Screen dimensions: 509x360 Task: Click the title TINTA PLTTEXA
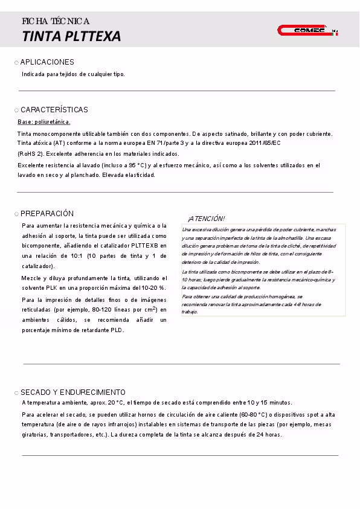71,36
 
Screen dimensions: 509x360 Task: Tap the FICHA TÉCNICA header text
56,21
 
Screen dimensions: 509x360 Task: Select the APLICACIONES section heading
47,62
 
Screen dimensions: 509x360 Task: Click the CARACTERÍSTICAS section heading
54,110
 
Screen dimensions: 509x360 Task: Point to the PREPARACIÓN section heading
47,214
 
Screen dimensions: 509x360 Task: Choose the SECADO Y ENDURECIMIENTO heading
73,392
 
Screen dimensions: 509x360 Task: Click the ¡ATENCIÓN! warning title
206,219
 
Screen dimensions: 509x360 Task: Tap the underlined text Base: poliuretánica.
44,122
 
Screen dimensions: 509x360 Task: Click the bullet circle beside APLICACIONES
16,63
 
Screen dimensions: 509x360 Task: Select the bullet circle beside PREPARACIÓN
16,214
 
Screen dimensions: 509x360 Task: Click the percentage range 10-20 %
153,287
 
